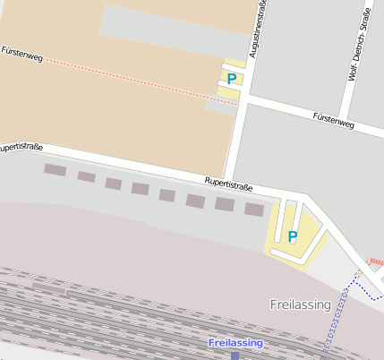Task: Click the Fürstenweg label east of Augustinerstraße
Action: [x=334, y=120]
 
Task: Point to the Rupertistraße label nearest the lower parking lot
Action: [x=228, y=184]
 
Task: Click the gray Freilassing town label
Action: [x=300, y=304]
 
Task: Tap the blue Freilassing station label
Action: [x=235, y=343]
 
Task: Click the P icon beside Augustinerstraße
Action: [x=232, y=79]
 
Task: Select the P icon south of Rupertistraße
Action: [x=292, y=236]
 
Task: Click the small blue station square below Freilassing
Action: [x=235, y=356]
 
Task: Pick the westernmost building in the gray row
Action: [x=55, y=169]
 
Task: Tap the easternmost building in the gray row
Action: [x=255, y=210]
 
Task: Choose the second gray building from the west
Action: [x=86, y=176]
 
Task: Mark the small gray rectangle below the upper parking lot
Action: [x=221, y=107]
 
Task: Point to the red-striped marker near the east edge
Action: [x=375, y=262]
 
